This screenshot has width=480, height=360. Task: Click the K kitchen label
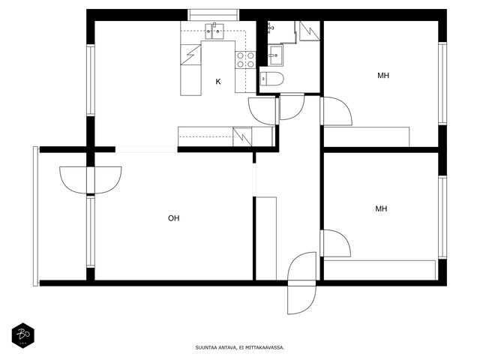coord(218,82)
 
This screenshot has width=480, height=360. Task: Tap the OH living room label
coord(173,218)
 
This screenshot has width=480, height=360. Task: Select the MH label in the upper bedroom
coord(383,75)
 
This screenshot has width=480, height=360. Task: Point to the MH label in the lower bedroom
coord(381,208)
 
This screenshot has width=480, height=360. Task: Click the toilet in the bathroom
coord(271,79)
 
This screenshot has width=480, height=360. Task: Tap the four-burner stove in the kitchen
coord(245,60)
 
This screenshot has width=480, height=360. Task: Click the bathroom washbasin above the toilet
coord(276,55)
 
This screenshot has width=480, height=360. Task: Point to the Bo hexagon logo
coord(23,335)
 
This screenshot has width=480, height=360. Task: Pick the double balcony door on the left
coord(91,180)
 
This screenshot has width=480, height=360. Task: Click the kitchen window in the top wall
coord(213,15)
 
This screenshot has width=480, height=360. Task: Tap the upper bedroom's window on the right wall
coord(442,83)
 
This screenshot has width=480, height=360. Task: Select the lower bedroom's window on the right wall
coord(442,217)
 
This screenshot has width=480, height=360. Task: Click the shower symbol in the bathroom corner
coord(310,31)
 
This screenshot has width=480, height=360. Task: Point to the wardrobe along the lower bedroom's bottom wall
coord(379,270)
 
